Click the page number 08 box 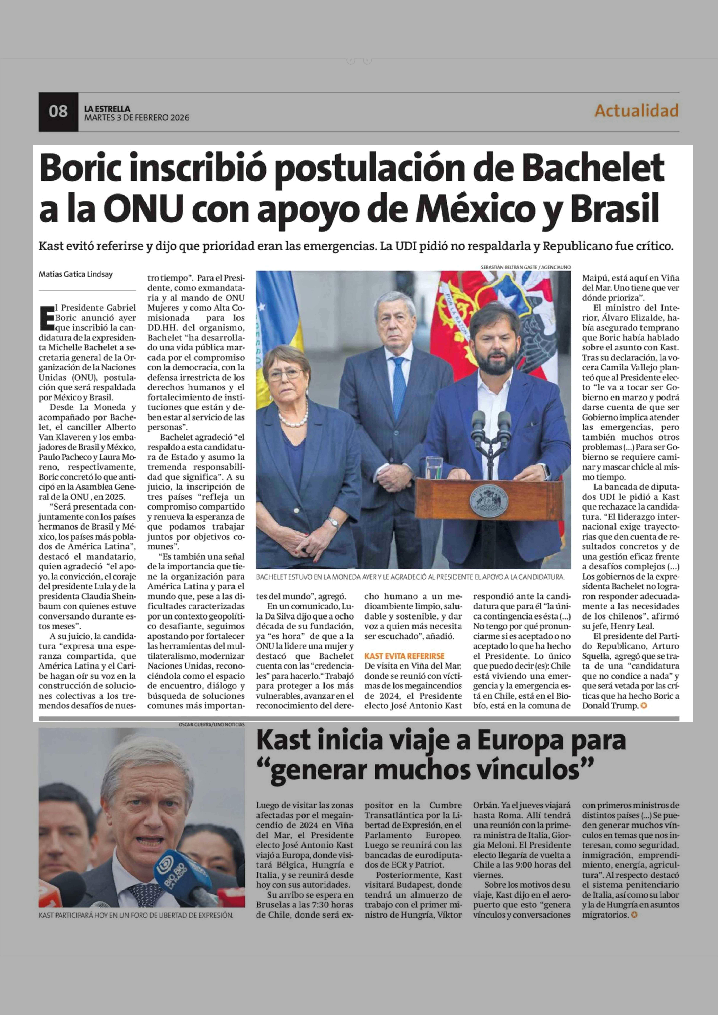(58, 111)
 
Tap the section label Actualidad (636, 111)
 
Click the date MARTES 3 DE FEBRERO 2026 (137, 118)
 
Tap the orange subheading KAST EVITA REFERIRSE (404, 656)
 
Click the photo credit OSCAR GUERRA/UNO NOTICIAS (211, 725)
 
